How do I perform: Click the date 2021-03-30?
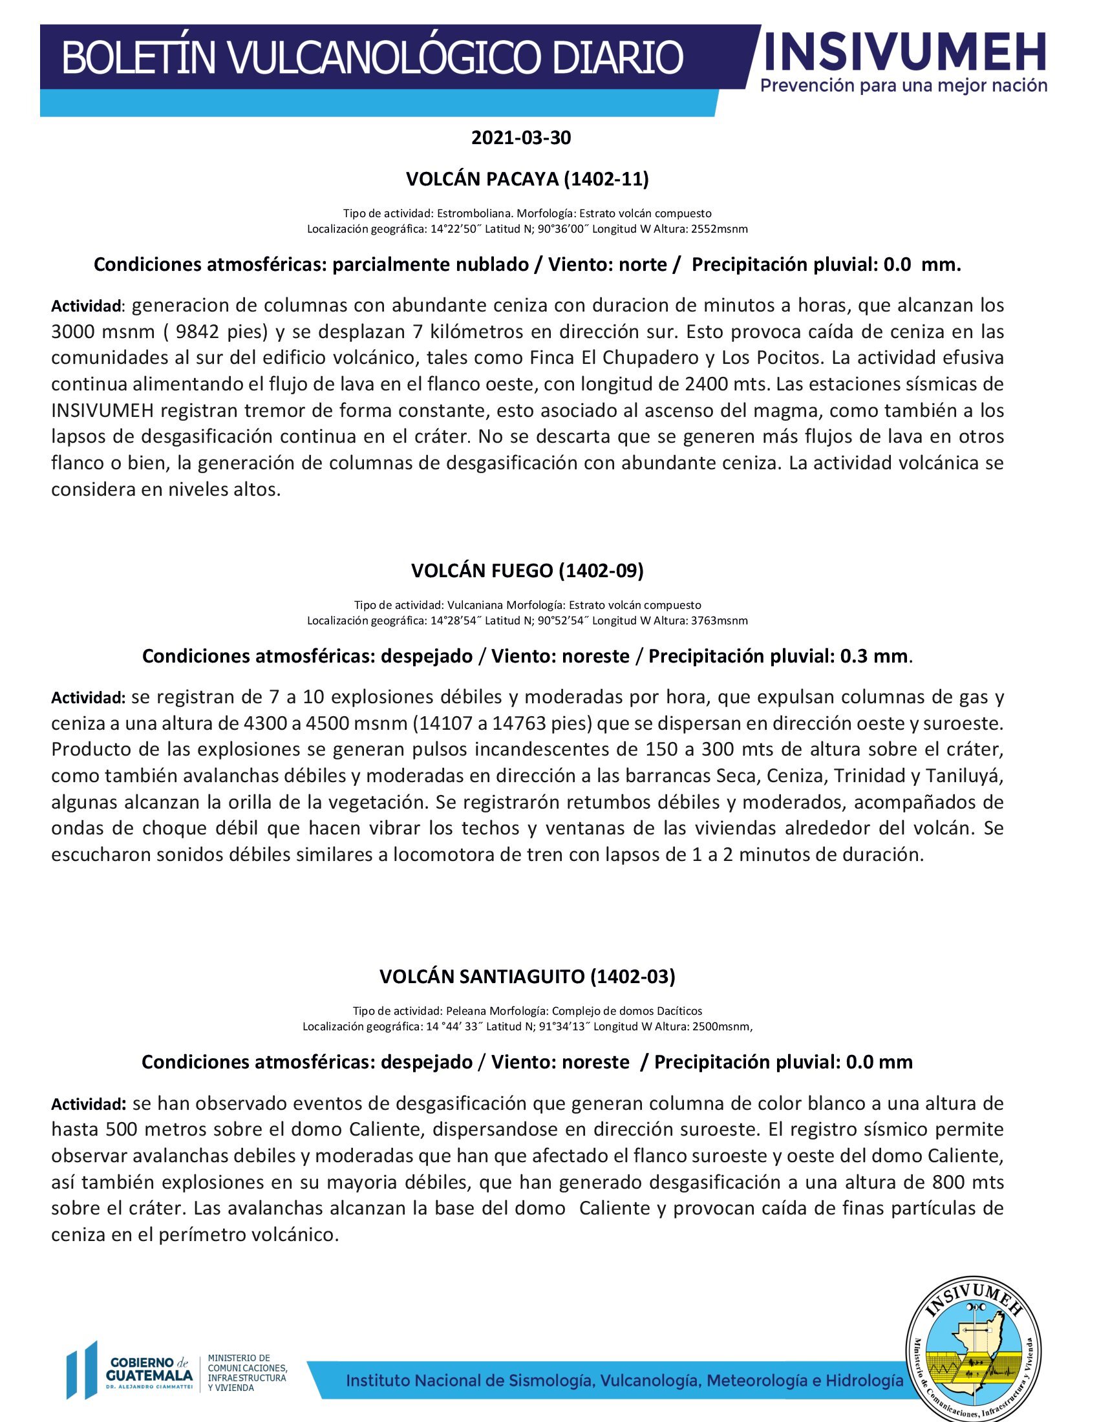pos(521,138)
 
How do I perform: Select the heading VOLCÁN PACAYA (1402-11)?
pos(528,179)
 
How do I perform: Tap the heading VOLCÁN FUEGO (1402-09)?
pos(528,570)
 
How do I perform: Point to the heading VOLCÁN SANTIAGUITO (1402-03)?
pos(528,976)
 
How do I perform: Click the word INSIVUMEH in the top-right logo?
pos(905,52)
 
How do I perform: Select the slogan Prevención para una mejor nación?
pos(904,85)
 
